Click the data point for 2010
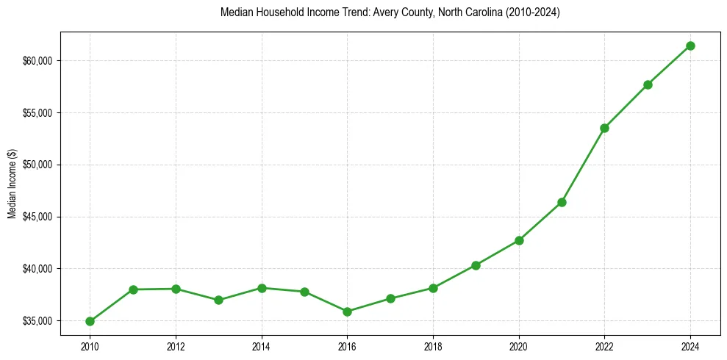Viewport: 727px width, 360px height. pos(90,321)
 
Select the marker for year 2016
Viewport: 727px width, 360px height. pos(347,312)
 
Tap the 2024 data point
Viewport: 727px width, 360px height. pos(690,46)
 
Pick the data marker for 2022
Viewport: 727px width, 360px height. pos(604,128)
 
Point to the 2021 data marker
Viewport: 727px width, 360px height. pos(562,202)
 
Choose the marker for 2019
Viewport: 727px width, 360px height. pos(476,265)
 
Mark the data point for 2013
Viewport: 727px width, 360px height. pos(218,300)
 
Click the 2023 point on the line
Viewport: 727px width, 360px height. pos(648,84)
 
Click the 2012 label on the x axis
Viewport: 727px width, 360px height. pos(176,345)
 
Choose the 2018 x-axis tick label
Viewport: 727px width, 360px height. pos(433,345)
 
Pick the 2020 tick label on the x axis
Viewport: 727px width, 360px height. pos(519,345)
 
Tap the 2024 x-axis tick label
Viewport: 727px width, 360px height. pos(690,345)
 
